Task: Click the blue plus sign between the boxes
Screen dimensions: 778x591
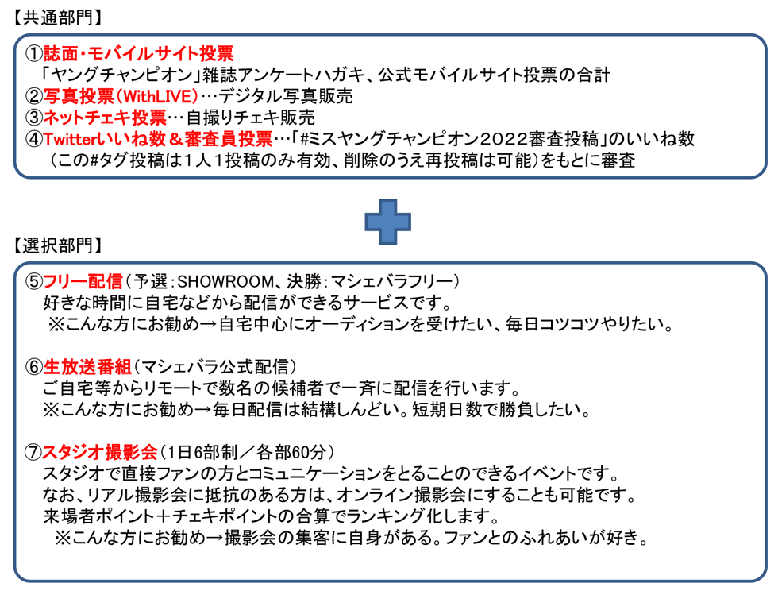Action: click(387, 222)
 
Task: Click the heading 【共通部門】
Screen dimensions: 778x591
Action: click(57, 18)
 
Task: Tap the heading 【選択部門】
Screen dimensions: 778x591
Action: click(57, 245)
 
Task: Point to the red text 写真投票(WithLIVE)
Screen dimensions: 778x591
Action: click(121, 96)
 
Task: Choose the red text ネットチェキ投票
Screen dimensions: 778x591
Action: click(105, 118)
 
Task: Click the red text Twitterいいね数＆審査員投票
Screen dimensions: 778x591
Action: click(158, 138)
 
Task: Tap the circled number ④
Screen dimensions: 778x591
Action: click(34, 138)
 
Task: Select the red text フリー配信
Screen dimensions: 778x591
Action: click(83, 281)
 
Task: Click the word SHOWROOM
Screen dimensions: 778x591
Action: click(225, 281)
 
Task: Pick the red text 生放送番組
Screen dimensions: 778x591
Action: click(87, 366)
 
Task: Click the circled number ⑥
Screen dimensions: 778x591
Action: click(34, 366)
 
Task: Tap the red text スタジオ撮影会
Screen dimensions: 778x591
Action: click(100, 452)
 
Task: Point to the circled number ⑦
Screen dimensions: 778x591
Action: click(33, 452)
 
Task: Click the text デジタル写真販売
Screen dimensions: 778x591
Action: click(285, 96)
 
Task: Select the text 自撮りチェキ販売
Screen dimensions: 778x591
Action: click(251, 118)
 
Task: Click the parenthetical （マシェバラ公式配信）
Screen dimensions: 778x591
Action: click(215, 366)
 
